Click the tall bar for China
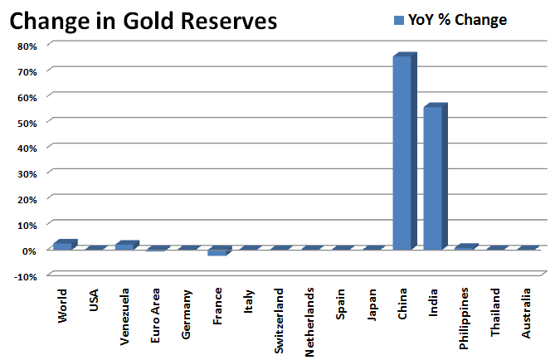point(402,153)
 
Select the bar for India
point(434,178)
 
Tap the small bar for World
point(62,245)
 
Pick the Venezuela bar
point(124,246)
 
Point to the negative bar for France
point(217,252)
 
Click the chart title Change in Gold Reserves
point(143,22)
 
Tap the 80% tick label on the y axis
point(27,46)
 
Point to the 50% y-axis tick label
point(27,122)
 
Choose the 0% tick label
point(29,250)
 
